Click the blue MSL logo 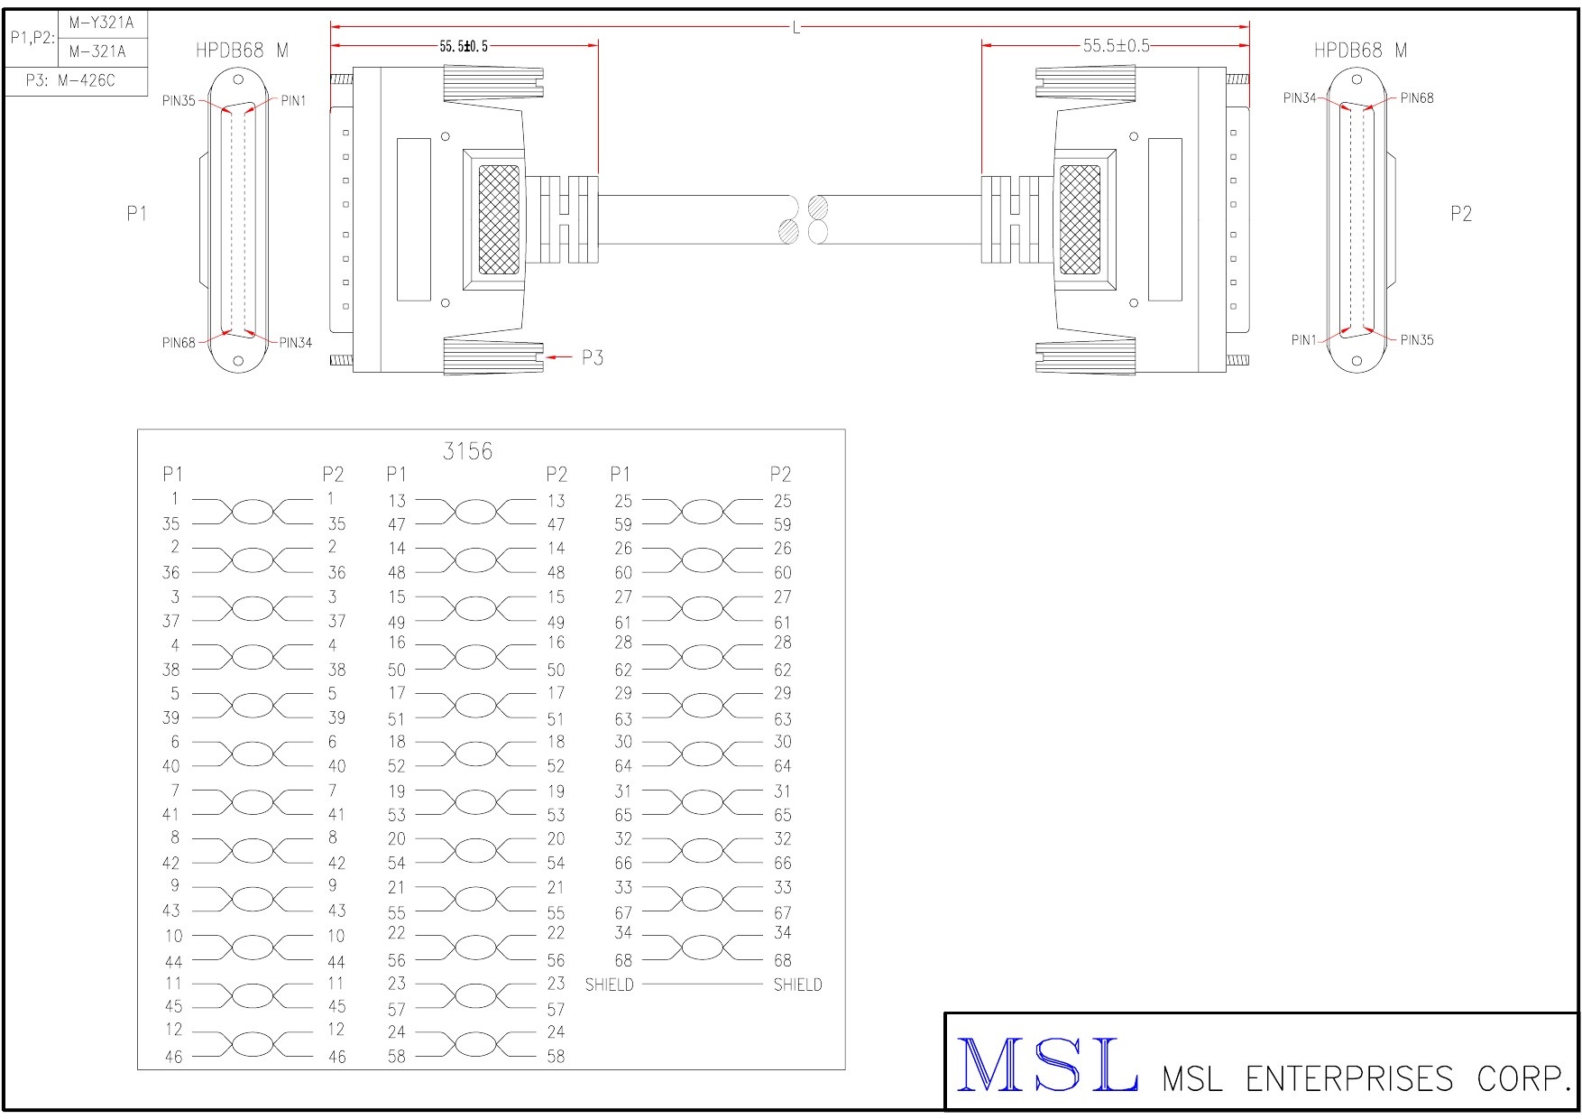1046,1065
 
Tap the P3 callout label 592,357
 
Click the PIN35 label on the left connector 179,101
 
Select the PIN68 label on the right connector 1417,98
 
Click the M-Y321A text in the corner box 101,23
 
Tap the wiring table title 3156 467,451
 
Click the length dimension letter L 796,29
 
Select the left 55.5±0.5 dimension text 464,46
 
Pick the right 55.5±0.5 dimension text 1116,46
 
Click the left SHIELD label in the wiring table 609,985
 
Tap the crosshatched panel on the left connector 499,219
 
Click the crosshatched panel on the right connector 1080,219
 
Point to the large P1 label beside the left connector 136,214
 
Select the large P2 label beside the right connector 1460,214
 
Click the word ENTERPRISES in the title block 1348,1078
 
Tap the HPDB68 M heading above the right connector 1360,51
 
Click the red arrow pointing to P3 560,357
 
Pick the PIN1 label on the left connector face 293,101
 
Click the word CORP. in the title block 1524,1078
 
